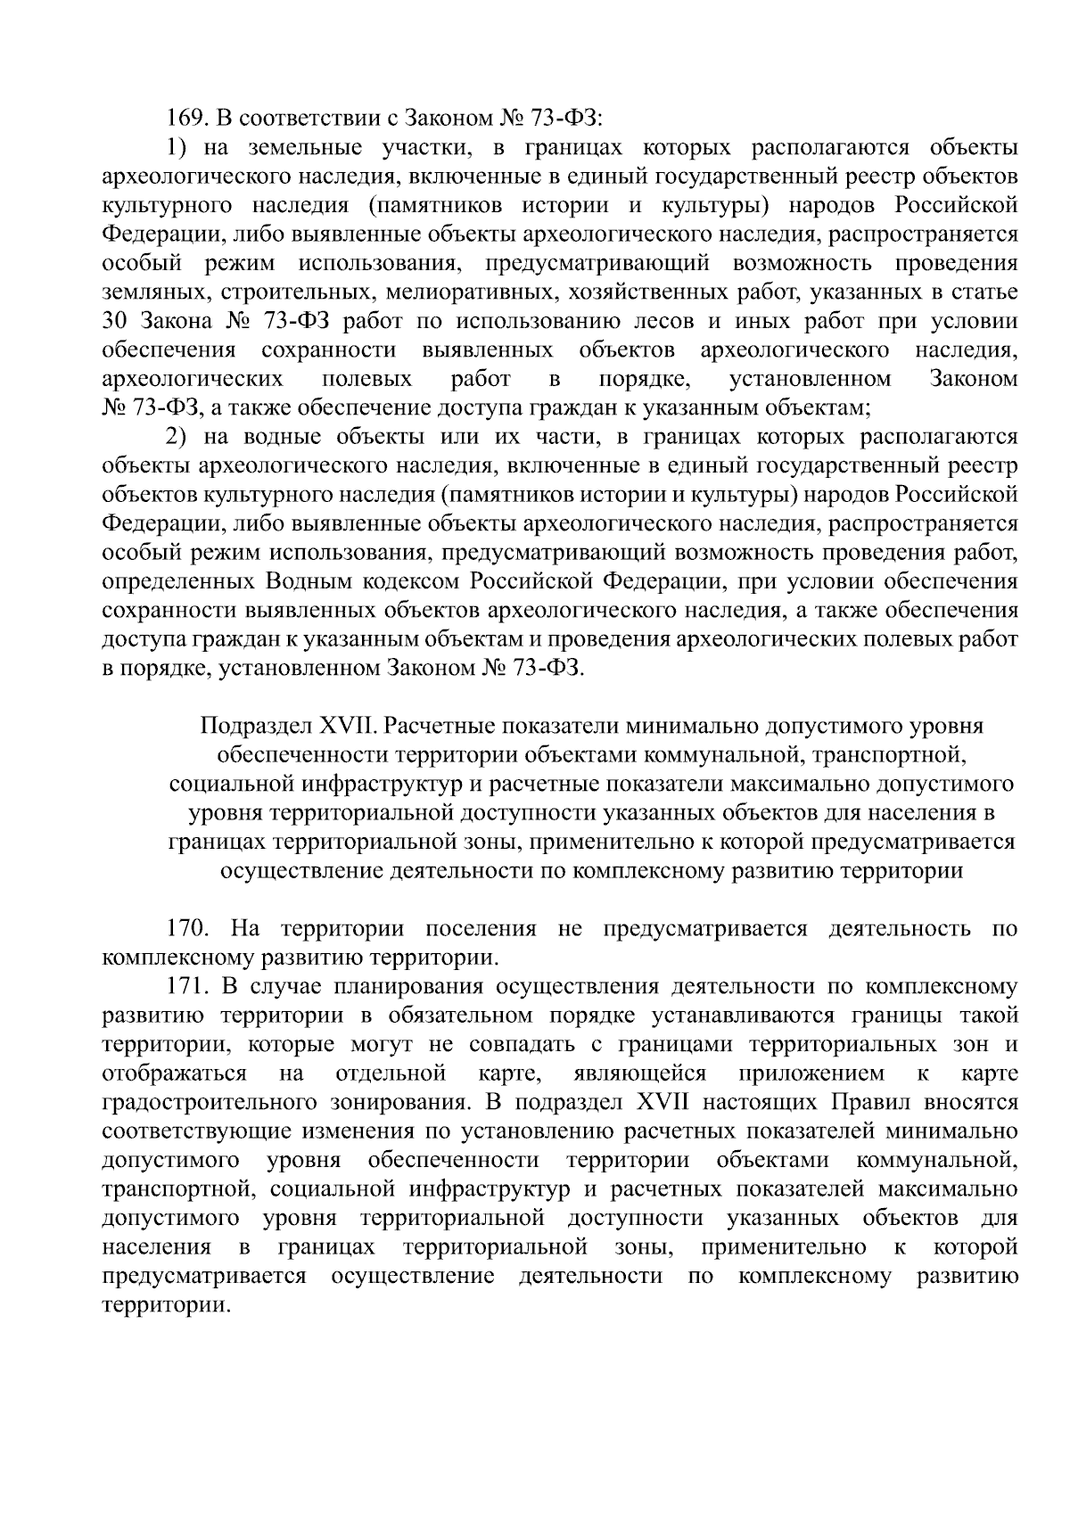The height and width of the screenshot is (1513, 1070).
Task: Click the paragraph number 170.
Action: [x=187, y=928]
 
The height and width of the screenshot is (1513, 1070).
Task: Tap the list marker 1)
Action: [x=178, y=147]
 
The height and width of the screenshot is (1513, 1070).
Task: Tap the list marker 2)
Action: [x=178, y=437]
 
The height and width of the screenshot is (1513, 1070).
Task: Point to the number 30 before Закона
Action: [x=117, y=321]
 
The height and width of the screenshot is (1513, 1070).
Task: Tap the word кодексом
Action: [x=407, y=581]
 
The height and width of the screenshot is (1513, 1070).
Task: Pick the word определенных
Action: [x=177, y=581]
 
